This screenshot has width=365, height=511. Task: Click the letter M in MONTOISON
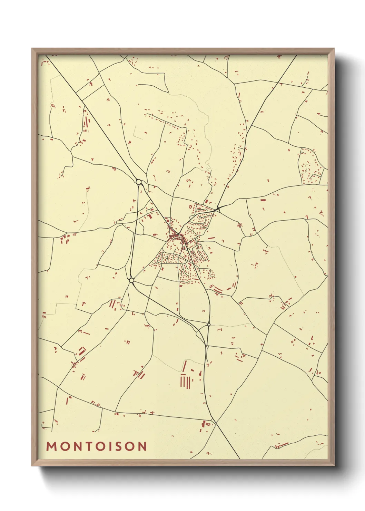tap(51, 446)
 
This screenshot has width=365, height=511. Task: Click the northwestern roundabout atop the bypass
tap(138, 182)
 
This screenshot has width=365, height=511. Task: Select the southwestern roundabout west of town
tap(131, 280)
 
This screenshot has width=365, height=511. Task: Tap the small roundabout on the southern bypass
tap(209, 325)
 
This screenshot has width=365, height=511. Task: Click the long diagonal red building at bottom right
tap(283, 445)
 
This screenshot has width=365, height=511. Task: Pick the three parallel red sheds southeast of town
tap(216, 289)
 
